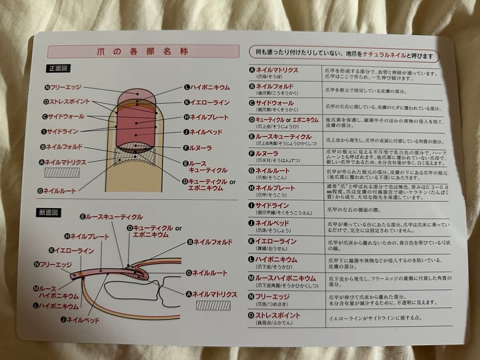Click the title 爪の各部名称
[143, 52]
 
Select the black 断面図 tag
[48, 212]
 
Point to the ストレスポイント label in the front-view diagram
[67, 102]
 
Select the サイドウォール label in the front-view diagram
[63, 117]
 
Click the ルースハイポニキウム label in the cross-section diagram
[56, 292]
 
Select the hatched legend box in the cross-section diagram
[213, 305]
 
